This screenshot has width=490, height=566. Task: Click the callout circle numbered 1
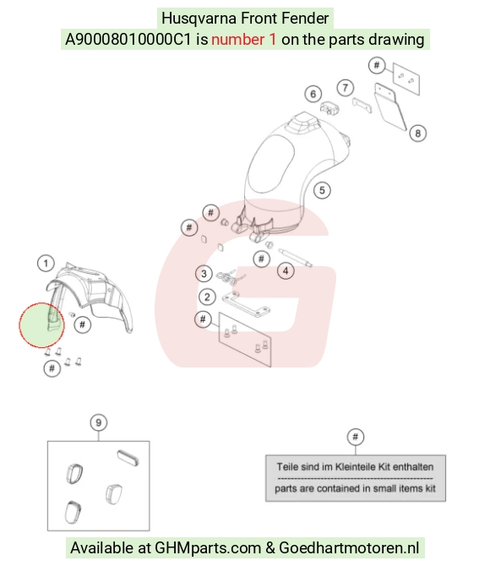46,264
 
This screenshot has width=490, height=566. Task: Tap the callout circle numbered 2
207,297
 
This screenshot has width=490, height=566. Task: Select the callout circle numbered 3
204,274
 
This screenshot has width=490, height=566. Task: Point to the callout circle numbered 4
286,270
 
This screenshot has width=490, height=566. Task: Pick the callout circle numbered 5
322,190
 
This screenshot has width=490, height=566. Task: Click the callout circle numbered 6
313,95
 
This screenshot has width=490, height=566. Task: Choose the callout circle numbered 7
346,88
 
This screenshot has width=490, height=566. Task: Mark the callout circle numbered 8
418,133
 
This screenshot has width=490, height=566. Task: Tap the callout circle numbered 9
99,422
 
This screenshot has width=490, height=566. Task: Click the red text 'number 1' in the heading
244,40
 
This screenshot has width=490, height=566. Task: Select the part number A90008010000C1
128,40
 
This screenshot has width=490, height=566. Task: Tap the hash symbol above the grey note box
356,437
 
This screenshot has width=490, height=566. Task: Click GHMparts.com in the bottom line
208,548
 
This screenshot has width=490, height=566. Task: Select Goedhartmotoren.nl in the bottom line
349,547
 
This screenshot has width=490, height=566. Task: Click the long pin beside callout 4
295,258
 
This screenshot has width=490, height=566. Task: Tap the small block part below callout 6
329,108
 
